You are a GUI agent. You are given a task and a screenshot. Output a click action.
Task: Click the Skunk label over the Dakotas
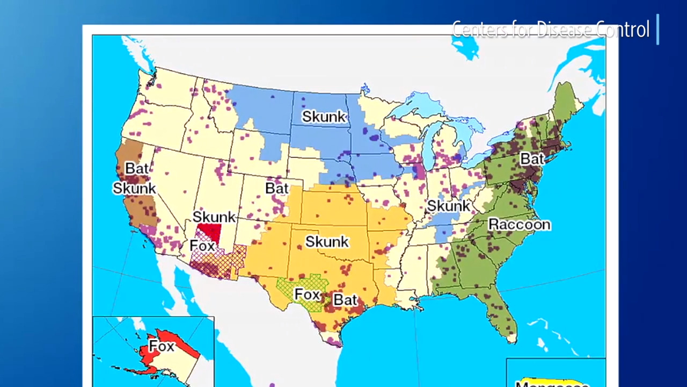pyautogui.click(x=324, y=117)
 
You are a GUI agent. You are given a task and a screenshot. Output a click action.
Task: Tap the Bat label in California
pyautogui.click(x=136, y=168)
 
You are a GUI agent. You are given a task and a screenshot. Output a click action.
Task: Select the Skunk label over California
pyautogui.click(x=134, y=188)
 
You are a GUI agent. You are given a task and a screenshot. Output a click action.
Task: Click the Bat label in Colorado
pyautogui.click(x=277, y=189)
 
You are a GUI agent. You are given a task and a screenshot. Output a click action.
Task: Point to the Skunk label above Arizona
pyautogui.click(x=214, y=217)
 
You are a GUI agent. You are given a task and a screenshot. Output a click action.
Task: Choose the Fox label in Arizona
pyautogui.click(x=202, y=246)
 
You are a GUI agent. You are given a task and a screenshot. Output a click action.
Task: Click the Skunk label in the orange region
pyautogui.click(x=327, y=242)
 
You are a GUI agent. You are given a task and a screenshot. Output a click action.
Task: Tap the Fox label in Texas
pyautogui.click(x=307, y=295)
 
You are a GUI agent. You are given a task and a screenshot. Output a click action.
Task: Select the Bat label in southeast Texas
pyautogui.click(x=345, y=299)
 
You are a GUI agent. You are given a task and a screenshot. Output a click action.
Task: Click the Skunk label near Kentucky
pyautogui.click(x=448, y=206)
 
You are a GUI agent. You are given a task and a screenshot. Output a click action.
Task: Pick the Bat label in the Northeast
pyautogui.click(x=532, y=159)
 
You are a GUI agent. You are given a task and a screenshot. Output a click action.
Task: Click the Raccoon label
pyautogui.click(x=519, y=224)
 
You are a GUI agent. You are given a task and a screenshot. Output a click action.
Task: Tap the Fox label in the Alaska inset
pyautogui.click(x=162, y=346)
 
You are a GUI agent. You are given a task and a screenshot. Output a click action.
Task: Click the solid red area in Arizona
pyautogui.click(x=210, y=233)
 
